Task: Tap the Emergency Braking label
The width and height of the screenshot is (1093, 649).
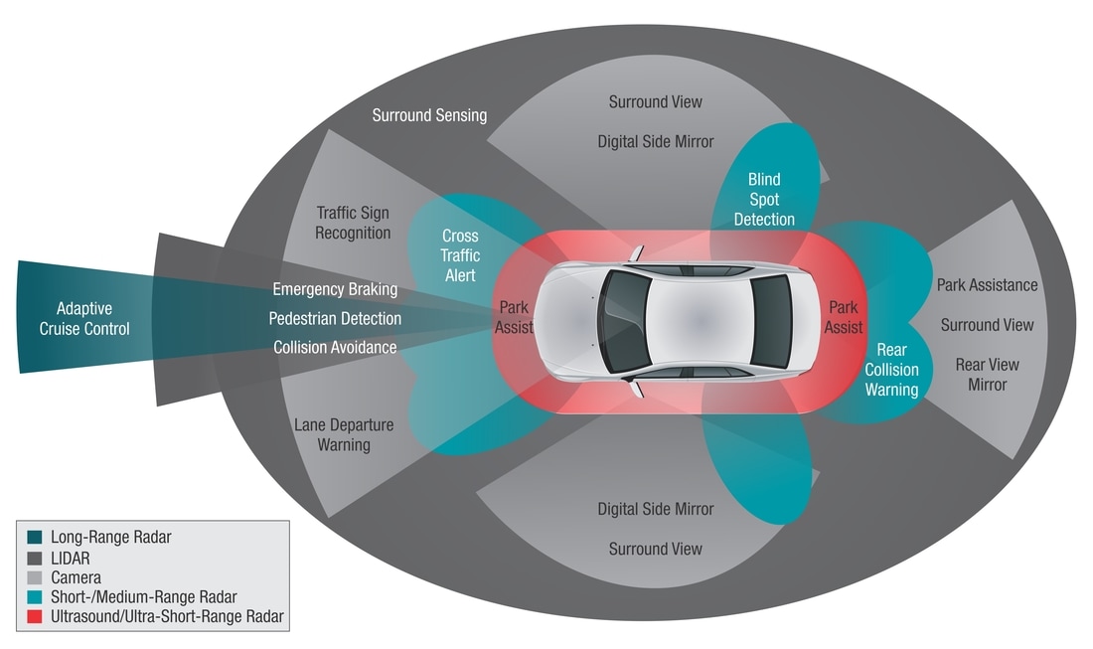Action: [x=335, y=289]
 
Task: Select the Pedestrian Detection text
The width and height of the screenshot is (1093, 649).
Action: [x=335, y=318]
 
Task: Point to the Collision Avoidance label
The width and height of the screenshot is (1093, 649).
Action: [x=335, y=347]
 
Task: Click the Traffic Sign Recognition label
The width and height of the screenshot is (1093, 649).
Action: [x=353, y=223]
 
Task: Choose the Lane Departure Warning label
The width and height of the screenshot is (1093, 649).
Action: [x=344, y=434]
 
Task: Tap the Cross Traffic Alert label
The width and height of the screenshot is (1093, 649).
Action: [x=460, y=255]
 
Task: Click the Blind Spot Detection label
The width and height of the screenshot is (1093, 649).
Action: [x=764, y=199]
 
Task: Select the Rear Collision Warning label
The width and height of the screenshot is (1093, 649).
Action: [x=891, y=370]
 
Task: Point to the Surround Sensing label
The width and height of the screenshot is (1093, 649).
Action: [x=429, y=114]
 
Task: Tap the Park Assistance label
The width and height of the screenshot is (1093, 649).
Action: [x=987, y=285]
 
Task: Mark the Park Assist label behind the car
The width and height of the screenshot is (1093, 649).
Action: [x=844, y=317]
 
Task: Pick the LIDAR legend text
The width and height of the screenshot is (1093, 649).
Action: [x=69, y=558]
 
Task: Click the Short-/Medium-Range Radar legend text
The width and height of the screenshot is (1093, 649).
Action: [x=143, y=597]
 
